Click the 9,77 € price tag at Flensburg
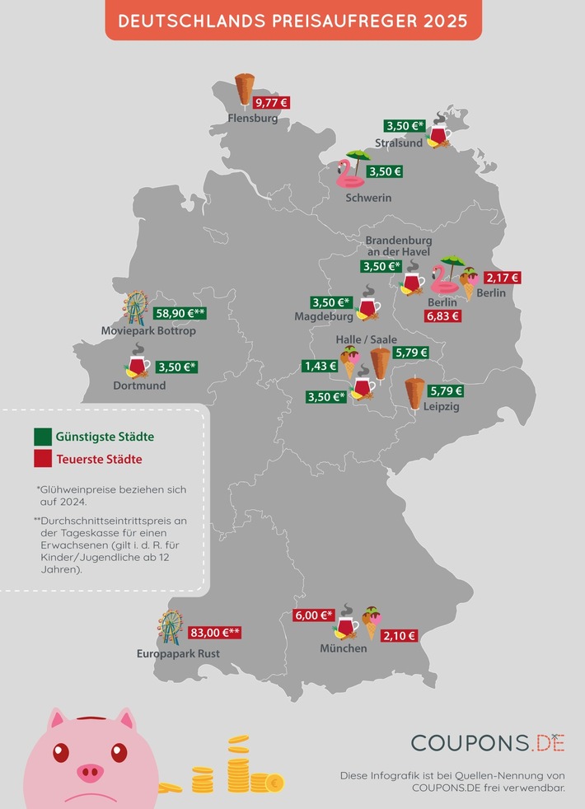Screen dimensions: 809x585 click(271, 103)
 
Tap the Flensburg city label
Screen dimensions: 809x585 click(253, 119)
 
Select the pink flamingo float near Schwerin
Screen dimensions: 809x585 click(344, 174)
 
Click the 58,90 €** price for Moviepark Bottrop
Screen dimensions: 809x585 click(180, 313)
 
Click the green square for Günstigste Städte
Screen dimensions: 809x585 click(41, 436)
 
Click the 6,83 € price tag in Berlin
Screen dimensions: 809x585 click(443, 316)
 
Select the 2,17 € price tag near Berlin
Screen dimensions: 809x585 click(502, 278)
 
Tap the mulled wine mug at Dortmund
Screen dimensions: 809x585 click(137, 366)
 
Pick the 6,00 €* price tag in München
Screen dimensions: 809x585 click(314, 615)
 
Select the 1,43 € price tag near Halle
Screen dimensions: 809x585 click(321, 366)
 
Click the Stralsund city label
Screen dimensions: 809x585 click(399, 143)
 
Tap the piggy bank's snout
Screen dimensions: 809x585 click(91, 772)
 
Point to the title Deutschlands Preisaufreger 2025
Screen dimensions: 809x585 click(293, 21)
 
